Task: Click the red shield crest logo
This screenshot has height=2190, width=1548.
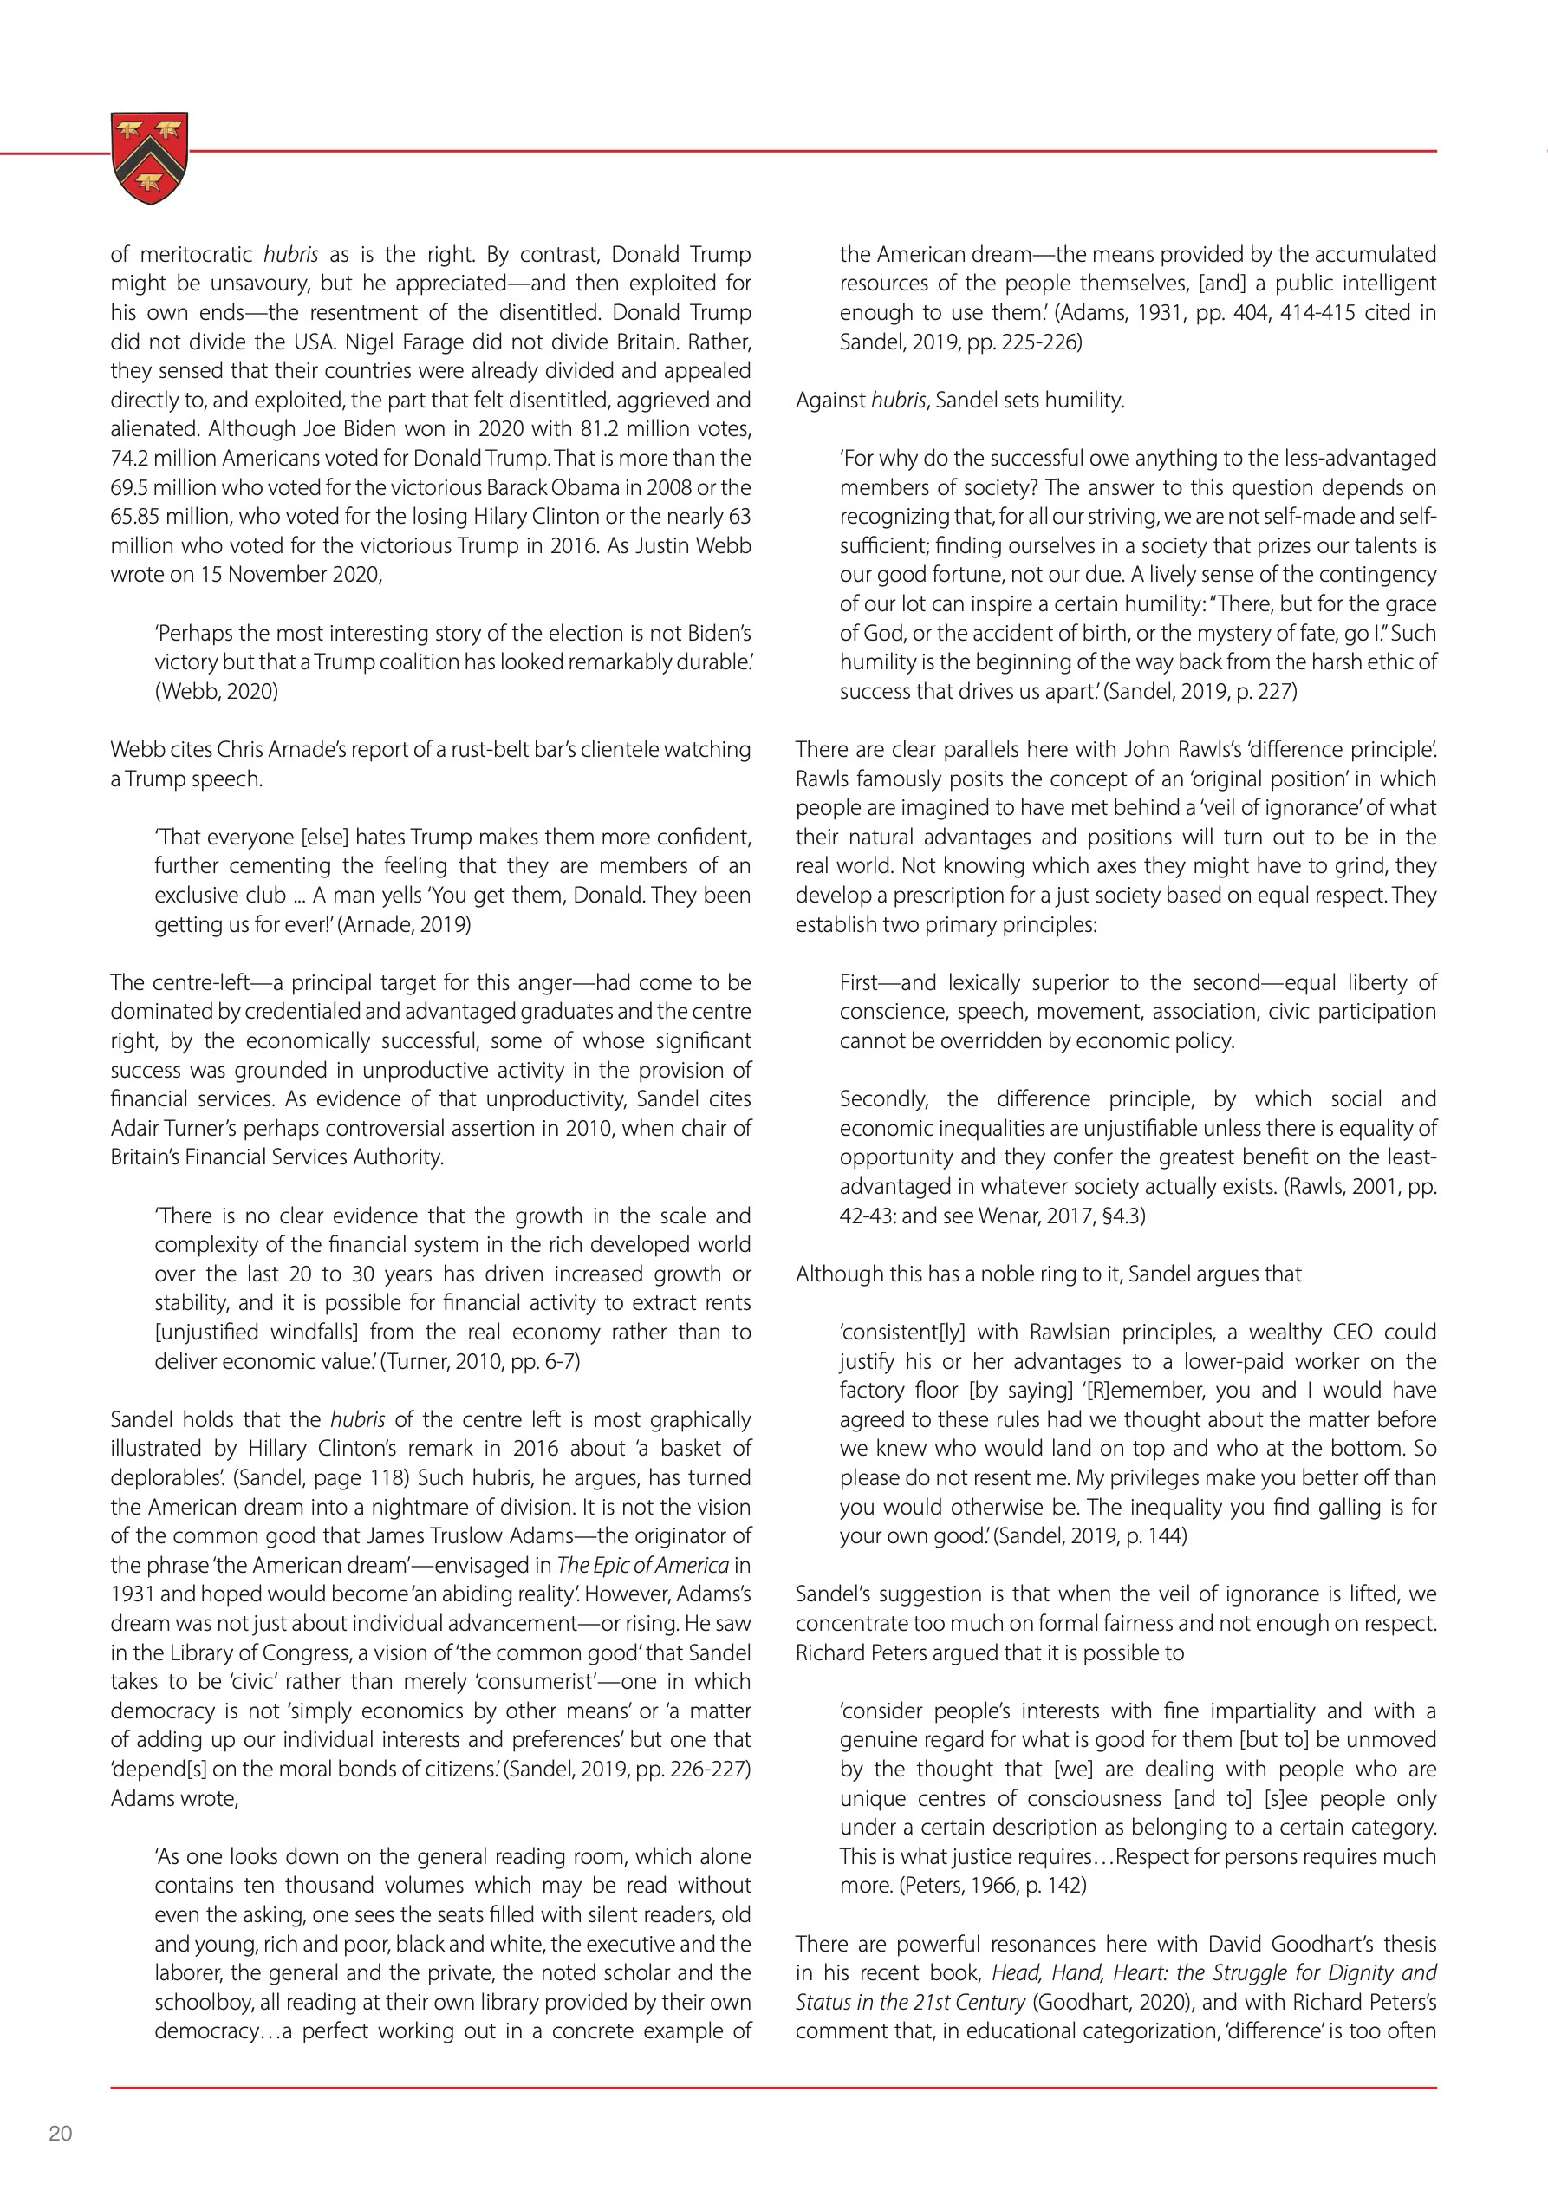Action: [150, 158]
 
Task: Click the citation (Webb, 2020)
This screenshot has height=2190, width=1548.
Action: [217, 692]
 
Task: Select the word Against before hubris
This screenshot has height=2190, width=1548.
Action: [830, 401]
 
